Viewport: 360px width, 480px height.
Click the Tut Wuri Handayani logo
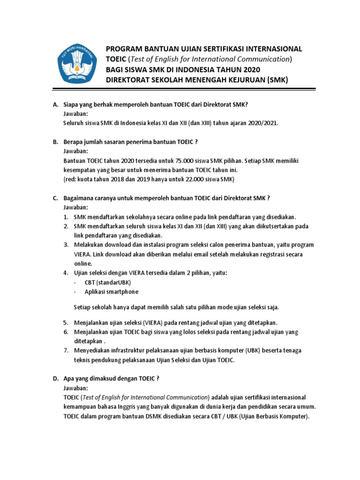(x=77, y=64)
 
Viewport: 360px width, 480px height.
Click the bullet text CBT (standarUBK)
(x=108, y=283)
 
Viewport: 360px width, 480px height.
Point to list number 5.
(x=66, y=323)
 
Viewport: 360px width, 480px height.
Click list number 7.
(x=66, y=351)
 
